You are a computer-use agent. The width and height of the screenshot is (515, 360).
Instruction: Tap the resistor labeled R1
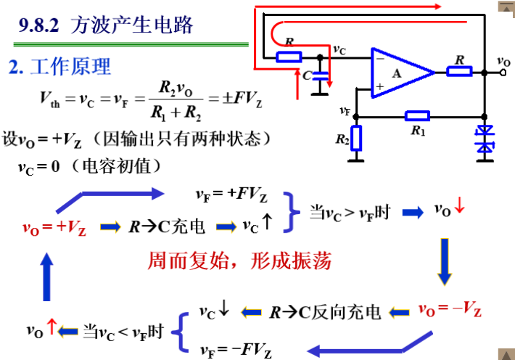pos(417,115)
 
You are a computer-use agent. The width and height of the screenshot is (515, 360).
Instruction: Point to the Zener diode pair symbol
pos(484,139)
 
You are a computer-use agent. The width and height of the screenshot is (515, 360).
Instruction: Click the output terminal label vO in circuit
pos(503,62)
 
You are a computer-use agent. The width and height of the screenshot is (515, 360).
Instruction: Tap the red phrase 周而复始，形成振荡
pos(239,261)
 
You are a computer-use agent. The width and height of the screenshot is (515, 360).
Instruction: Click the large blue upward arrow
pos(47,277)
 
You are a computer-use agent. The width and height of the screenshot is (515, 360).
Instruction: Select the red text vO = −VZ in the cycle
pos(450,310)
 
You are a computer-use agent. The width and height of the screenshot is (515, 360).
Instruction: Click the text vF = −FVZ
pos(236,351)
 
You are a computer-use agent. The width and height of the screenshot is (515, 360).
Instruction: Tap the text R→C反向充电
pos(324,312)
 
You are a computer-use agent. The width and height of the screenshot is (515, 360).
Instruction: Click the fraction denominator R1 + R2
pos(166,114)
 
